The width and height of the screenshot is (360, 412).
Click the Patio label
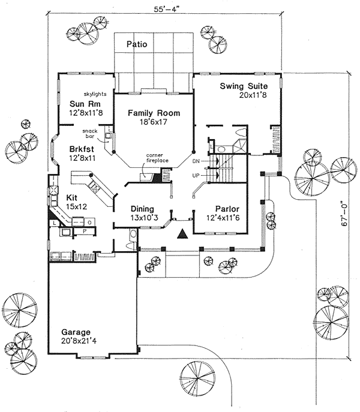137,44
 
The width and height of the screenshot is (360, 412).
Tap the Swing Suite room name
244,86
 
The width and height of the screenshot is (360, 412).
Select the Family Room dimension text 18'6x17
154,122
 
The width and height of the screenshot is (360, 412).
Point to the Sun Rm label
85,104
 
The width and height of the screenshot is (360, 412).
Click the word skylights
95,94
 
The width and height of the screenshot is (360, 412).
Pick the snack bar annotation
90,134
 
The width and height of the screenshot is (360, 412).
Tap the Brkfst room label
82,149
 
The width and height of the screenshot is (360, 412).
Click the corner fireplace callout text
157,158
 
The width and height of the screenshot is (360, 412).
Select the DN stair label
196,161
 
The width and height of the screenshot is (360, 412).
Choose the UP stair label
196,176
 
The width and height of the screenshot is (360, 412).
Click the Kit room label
71,197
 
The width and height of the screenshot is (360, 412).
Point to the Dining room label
142,209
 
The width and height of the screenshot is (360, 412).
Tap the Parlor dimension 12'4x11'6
223,218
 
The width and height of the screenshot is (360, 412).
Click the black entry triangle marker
182,234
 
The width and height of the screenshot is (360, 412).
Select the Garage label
76,332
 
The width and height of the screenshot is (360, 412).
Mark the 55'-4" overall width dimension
167,10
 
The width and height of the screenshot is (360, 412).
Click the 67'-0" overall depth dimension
344,213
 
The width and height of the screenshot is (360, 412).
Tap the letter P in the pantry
85,231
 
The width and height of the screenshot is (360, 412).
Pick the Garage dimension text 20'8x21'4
79,341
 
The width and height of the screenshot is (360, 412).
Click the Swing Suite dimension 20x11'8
253,95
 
